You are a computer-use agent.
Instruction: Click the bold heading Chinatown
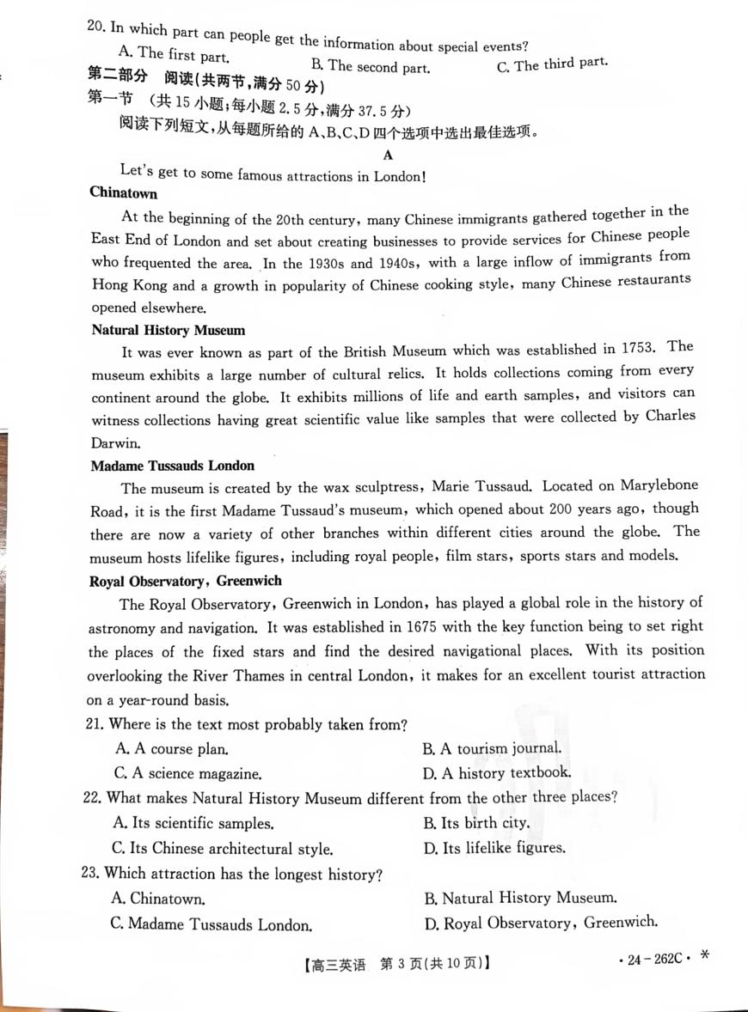(x=124, y=193)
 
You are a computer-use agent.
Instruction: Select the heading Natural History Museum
(x=169, y=330)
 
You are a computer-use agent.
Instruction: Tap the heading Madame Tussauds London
(x=173, y=466)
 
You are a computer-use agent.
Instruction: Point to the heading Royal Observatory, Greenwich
(x=186, y=581)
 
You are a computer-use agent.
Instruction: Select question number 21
(x=94, y=725)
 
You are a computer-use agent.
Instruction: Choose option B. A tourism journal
(x=493, y=748)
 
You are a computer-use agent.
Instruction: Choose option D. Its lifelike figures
(x=495, y=849)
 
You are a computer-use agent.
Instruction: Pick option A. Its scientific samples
(x=193, y=824)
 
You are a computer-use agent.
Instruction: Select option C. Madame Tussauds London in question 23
(x=211, y=925)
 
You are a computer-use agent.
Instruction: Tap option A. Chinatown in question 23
(x=159, y=899)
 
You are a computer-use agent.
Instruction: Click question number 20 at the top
(x=95, y=26)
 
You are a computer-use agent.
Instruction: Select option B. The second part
(x=371, y=66)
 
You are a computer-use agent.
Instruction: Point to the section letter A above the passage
(x=388, y=155)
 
